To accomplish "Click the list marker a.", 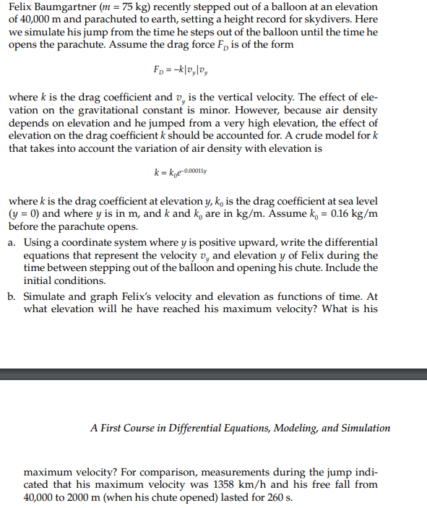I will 12,242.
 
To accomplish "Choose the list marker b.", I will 12,297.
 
